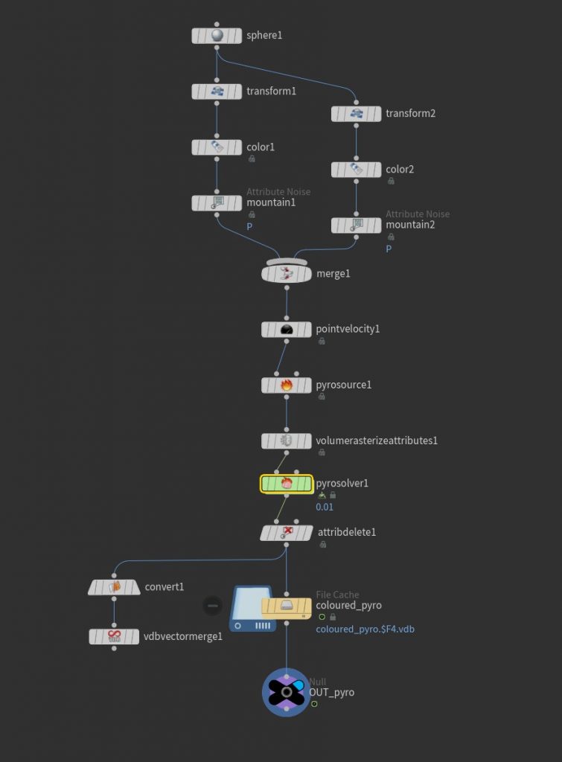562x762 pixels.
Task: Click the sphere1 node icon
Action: (x=217, y=36)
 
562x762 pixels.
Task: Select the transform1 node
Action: (x=217, y=92)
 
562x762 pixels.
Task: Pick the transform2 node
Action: (x=356, y=114)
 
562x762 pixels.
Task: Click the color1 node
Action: (x=217, y=147)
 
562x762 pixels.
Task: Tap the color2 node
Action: (x=356, y=170)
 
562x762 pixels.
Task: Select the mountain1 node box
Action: (x=217, y=202)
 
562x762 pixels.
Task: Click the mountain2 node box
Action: (x=356, y=225)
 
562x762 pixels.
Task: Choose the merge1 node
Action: (x=287, y=274)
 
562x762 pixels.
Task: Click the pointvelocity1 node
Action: (x=287, y=330)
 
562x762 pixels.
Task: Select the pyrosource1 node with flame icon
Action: (x=287, y=385)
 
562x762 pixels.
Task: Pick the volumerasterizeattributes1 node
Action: (x=287, y=441)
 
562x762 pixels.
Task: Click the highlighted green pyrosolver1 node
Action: (x=287, y=484)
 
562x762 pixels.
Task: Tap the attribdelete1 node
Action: (x=287, y=533)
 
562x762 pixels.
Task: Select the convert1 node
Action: (x=114, y=588)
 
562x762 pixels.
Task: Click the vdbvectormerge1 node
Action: (x=114, y=636)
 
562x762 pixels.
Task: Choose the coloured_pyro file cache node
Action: (x=287, y=606)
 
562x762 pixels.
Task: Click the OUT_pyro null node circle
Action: (x=287, y=692)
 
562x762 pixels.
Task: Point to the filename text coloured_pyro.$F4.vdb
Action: (x=365, y=629)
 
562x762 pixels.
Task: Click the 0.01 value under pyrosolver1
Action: (x=325, y=507)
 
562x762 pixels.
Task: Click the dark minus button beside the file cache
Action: (x=213, y=606)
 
